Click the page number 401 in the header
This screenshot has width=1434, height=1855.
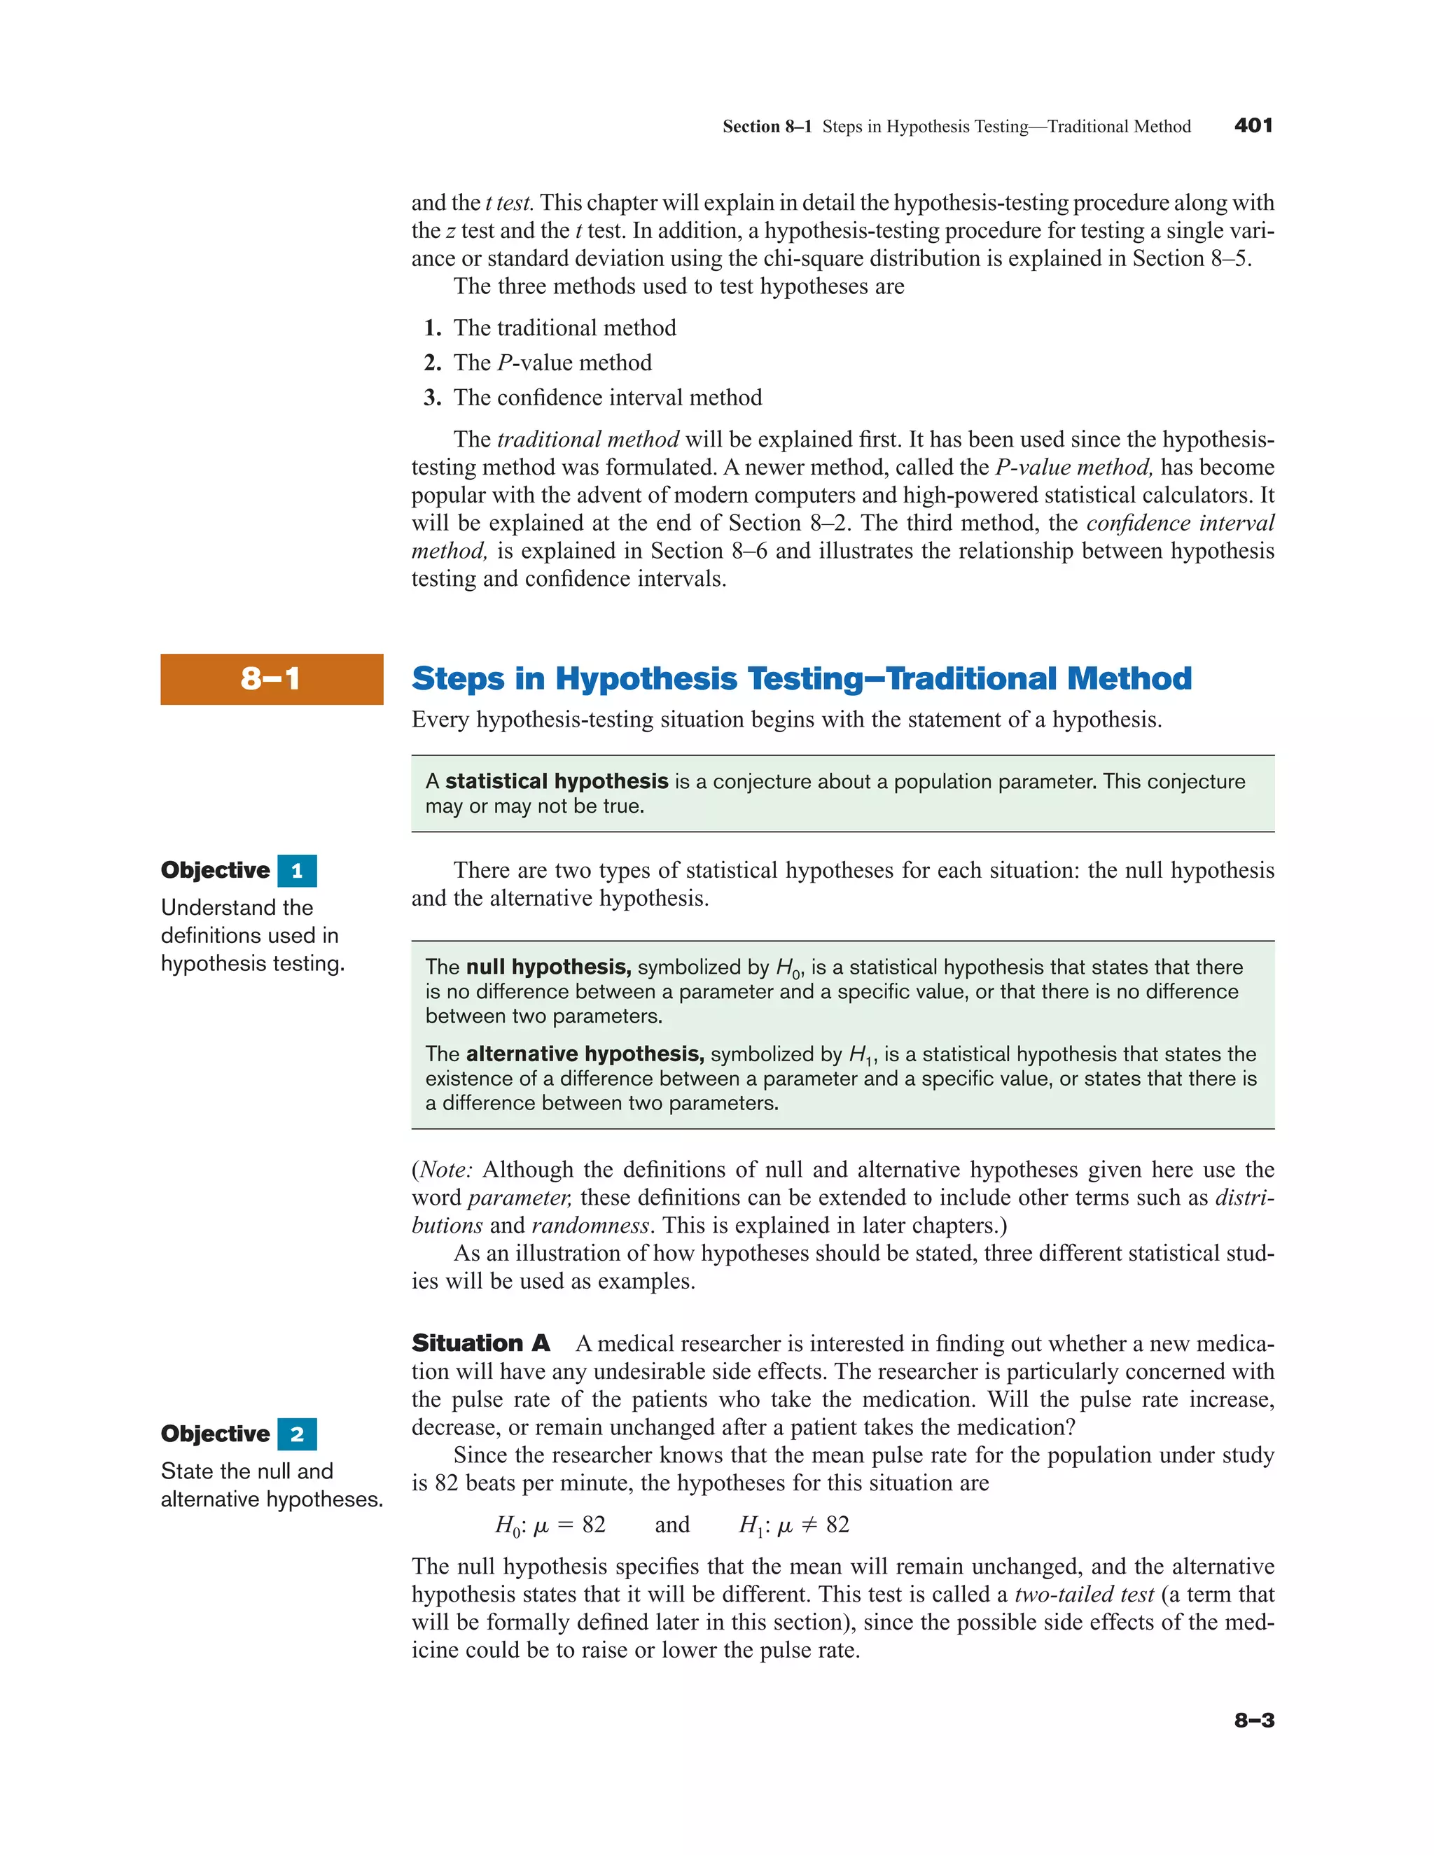[1253, 126]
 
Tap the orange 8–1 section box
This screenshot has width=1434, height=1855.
[271, 678]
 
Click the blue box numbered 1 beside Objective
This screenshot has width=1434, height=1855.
[296, 871]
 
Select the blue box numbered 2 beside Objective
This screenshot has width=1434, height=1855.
[296, 1434]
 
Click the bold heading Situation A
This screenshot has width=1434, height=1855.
[481, 1343]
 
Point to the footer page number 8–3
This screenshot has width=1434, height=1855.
[1254, 1720]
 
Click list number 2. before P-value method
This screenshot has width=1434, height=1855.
[433, 363]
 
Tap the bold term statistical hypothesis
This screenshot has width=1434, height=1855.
[557, 781]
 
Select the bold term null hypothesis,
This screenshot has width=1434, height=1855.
[548, 967]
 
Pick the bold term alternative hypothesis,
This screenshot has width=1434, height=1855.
[585, 1054]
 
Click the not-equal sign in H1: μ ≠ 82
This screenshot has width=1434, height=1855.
[809, 1525]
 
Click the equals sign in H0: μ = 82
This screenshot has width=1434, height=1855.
[565, 1525]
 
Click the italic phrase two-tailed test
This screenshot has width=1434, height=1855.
[1084, 1594]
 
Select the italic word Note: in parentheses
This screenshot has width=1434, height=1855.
[446, 1170]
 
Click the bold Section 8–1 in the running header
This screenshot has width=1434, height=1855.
[766, 127]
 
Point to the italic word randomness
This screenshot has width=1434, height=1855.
[590, 1226]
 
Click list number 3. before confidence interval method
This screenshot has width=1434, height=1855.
[433, 398]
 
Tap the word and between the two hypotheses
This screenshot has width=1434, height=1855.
[672, 1525]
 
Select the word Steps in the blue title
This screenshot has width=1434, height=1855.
[459, 678]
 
